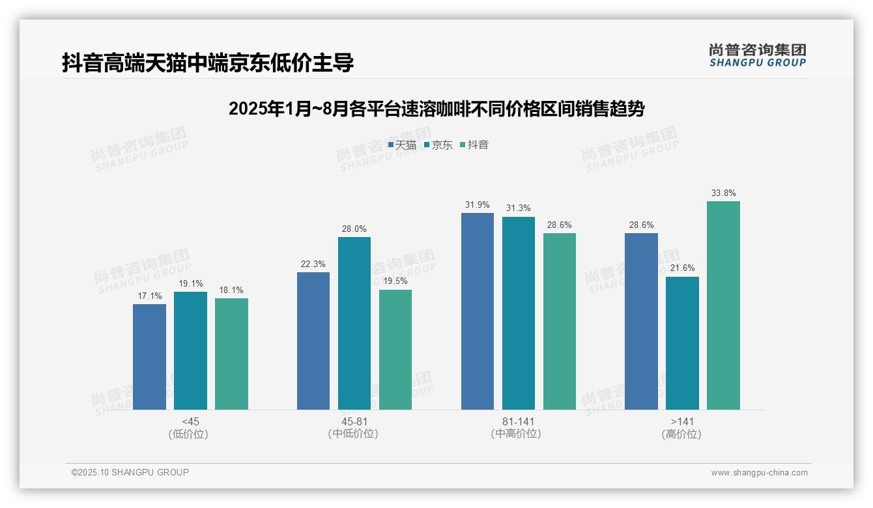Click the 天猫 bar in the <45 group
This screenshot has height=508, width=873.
(x=149, y=357)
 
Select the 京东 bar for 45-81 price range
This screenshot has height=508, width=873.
(x=354, y=323)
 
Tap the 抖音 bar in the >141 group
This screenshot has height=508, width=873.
(x=723, y=305)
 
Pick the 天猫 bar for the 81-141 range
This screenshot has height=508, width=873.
(x=478, y=311)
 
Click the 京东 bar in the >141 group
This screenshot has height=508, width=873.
(x=682, y=343)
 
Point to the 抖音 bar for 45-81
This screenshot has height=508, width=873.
(x=395, y=350)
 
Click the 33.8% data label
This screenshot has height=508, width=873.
(x=723, y=193)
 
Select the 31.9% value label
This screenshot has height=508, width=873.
(x=478, y=205)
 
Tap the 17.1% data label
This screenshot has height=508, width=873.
(x=149, y=296)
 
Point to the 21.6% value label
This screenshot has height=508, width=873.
(x=682, y=268)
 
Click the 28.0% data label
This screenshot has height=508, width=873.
(x=354, y=229)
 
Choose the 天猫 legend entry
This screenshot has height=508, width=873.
(x=402, y=145)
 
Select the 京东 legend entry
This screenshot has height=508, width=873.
(x=438, y=145)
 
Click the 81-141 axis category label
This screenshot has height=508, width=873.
(x=518, y=421)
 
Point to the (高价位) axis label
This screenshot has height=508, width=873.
(x=682, y=434)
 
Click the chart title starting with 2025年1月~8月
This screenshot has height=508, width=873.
(x=436, y=109)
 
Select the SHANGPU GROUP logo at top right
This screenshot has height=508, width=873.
(x=757, y=55)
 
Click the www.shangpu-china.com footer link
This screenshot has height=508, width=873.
(x=759, y=473)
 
